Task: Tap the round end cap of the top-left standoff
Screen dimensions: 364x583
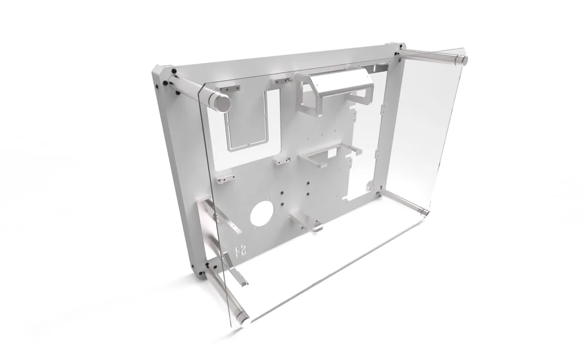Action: point(221,103)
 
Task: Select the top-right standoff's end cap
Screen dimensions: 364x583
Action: point(460,60)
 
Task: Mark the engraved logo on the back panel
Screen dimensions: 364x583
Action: point(239,250)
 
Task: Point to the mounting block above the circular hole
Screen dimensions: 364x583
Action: point(280,161)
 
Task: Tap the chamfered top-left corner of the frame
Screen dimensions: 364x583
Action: point(160,73)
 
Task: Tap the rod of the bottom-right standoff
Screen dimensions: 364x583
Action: point(403,199)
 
